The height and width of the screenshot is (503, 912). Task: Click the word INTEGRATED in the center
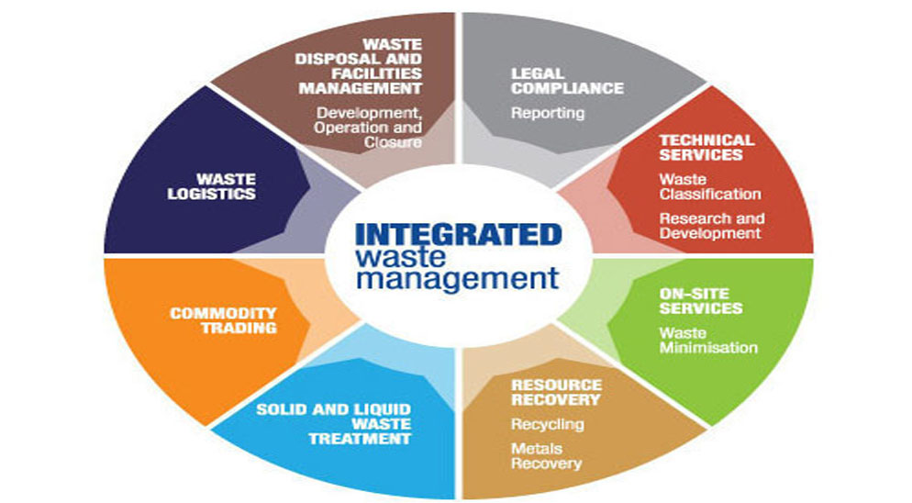tap(459, 235)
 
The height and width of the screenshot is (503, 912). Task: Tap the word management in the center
tap(458, 279)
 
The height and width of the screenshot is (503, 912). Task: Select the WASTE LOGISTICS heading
tap(212, 186)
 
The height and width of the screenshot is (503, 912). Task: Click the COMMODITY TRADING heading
tap(223, 320)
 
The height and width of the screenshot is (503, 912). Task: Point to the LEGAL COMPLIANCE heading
tap(567, 81)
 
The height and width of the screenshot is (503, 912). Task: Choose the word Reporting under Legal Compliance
tap(548, 112)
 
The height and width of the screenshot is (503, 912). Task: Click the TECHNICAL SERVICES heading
tap(706, 147)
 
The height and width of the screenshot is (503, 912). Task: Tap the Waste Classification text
tap(710, 186)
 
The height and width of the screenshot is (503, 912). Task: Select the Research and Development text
tap(712, 226)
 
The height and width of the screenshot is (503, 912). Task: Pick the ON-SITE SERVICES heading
tap(701, 301)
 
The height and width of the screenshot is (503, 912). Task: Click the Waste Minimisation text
tap(708, 341)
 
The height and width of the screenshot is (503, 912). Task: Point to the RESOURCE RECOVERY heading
tap(556, 392)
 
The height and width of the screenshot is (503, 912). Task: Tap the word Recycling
tap(548, 424)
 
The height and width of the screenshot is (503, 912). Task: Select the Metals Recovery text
tap(546, 456)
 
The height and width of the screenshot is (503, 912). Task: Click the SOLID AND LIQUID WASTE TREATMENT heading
tap(334, 424)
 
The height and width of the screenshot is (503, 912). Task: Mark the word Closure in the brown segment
tap(394, 142)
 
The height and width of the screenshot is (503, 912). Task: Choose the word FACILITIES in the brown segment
tap(377, 73)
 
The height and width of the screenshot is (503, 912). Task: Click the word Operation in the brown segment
tap(347, 128)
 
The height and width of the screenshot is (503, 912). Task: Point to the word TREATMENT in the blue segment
tap(360, 439)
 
